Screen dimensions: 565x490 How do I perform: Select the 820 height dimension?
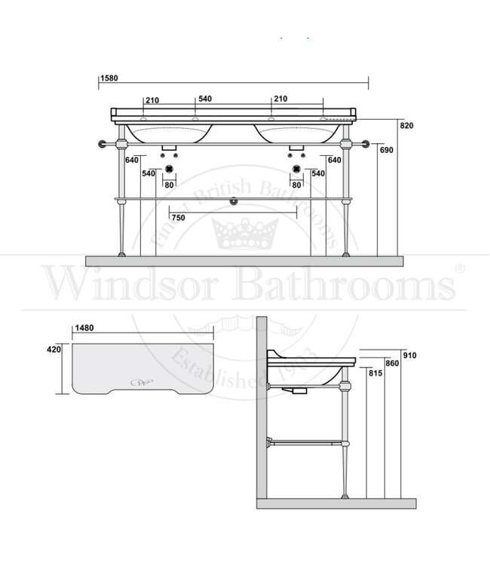click(x=407, y=126)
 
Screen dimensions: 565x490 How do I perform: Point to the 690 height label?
click(x=387, y=151)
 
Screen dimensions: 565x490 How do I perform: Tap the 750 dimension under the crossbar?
click(x=178, y=218)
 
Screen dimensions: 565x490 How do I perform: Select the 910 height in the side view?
click(x=410, y=356)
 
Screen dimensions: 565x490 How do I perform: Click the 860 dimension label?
click(x=391, y=364)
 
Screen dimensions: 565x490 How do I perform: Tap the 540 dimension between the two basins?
click(x=204, y=99)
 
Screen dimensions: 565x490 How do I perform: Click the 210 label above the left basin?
click(x=152, y=99)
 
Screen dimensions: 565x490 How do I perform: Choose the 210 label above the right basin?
click(x=280, y=99)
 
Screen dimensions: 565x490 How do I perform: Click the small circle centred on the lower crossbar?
click(x=233, y=201)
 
